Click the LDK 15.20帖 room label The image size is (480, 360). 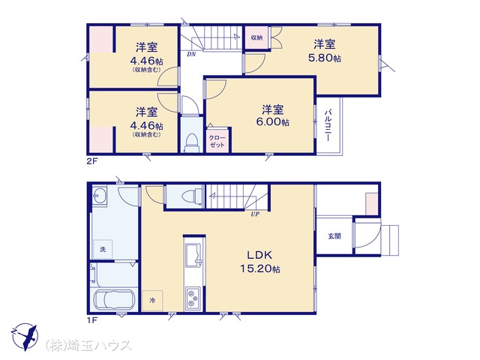point(259,262)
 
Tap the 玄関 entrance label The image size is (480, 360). point(334,236)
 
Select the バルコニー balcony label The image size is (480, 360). point(328,125)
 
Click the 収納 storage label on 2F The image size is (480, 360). point(256,37)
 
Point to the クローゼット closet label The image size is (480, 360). point(217,141)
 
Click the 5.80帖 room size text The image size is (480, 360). point(325,58)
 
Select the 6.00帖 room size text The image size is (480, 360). point(272,121)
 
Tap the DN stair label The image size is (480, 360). point(192,55)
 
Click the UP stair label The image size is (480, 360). point(255,214)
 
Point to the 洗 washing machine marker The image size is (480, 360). point(103,250)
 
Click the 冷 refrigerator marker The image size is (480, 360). point(152,301)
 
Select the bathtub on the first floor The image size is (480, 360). point(115,300)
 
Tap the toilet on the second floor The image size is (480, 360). point(192,142)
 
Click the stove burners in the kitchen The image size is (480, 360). point(193,298)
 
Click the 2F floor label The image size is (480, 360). point(91,161)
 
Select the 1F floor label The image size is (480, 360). point(91,320)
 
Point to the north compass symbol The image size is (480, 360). point(25,337)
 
